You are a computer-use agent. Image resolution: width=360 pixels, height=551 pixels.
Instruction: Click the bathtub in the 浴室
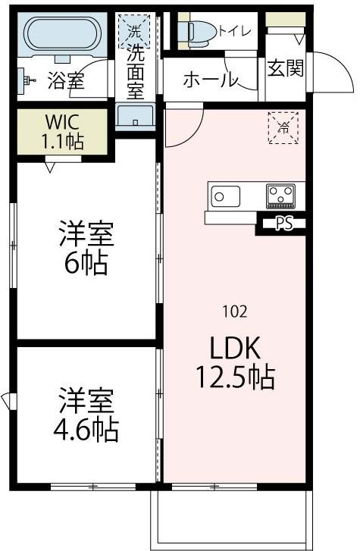pos(60,34)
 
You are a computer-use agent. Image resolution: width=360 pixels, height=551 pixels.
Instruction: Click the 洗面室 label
pos(136,73)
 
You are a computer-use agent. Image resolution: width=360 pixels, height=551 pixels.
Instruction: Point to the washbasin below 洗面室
pos(136,118)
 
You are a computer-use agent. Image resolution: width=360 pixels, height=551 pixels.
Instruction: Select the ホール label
pos(211,79)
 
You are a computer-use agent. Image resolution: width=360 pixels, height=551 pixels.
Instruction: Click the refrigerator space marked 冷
pos(283,127)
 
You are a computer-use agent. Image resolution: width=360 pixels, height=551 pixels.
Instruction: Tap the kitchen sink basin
pos(224,196)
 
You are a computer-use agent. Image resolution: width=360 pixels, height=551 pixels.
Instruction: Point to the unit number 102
pos(235,311)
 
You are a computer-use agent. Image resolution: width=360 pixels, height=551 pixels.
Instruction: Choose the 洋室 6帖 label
pos(86,248)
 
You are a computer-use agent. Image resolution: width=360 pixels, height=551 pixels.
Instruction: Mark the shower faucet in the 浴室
pos(27,78)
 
